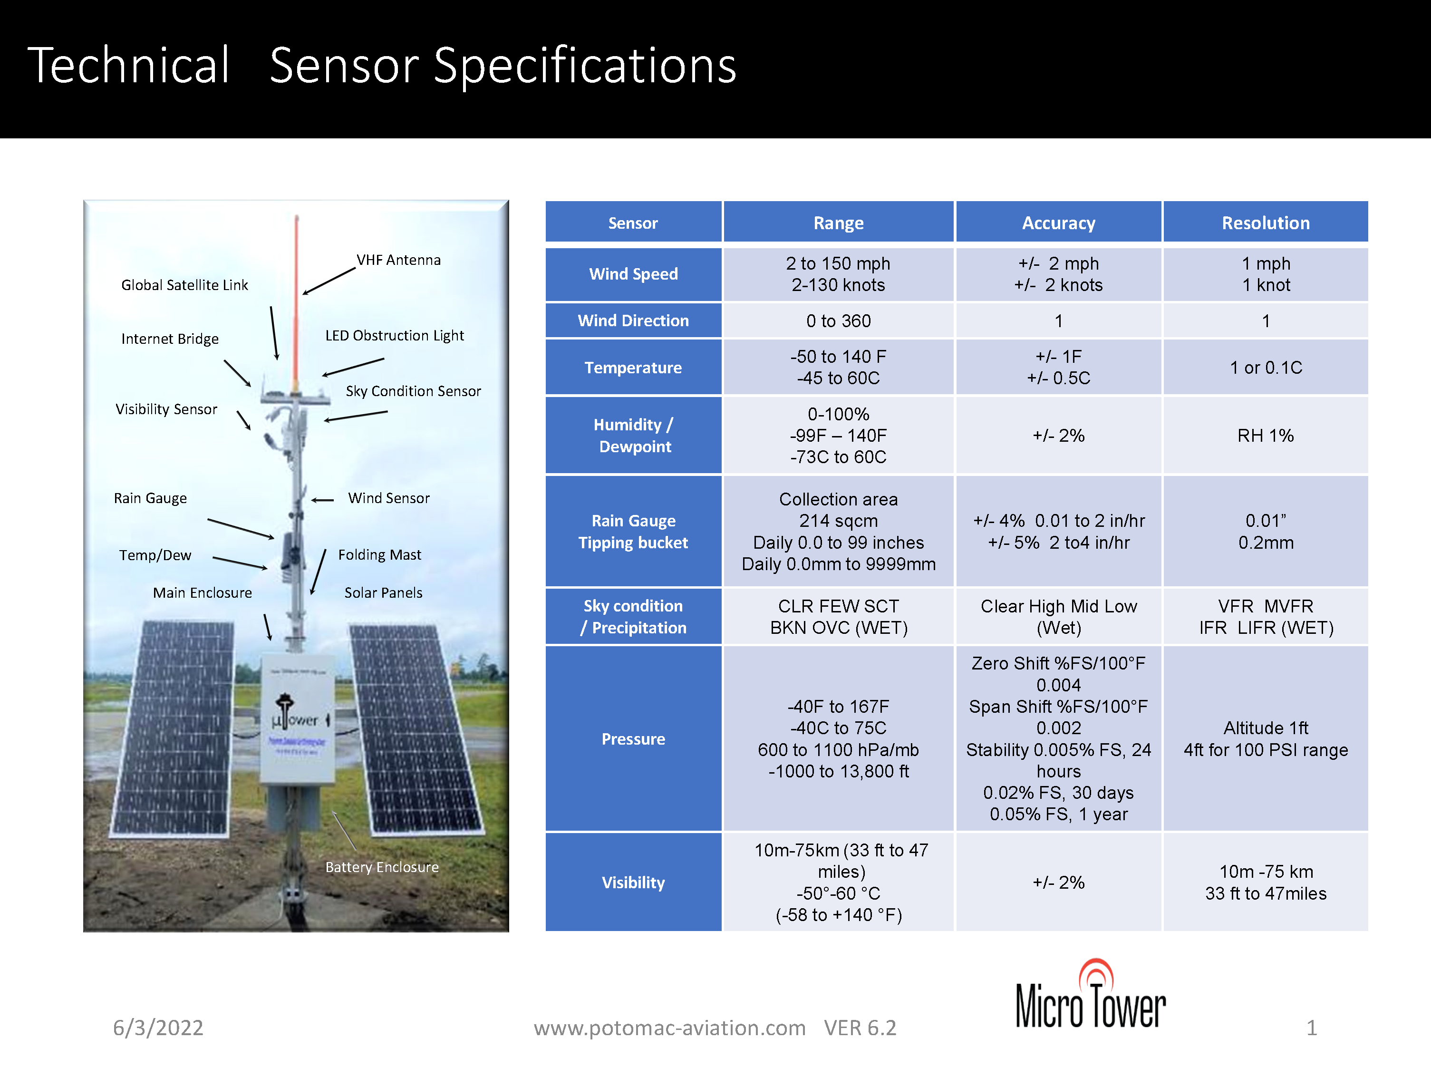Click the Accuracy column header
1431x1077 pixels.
1058,223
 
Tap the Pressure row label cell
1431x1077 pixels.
633,739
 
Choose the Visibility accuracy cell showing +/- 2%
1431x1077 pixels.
1058,883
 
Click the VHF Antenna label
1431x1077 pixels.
398,260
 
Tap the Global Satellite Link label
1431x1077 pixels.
184,285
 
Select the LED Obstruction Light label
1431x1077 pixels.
394,336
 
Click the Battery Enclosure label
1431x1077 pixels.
382,867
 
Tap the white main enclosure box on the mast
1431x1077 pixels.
296,718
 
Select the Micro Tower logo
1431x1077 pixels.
1091,996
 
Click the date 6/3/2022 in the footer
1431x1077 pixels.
158,1028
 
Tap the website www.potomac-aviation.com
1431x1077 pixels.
669,1028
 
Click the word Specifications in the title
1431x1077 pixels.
585,66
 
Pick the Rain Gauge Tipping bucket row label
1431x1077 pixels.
633,531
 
